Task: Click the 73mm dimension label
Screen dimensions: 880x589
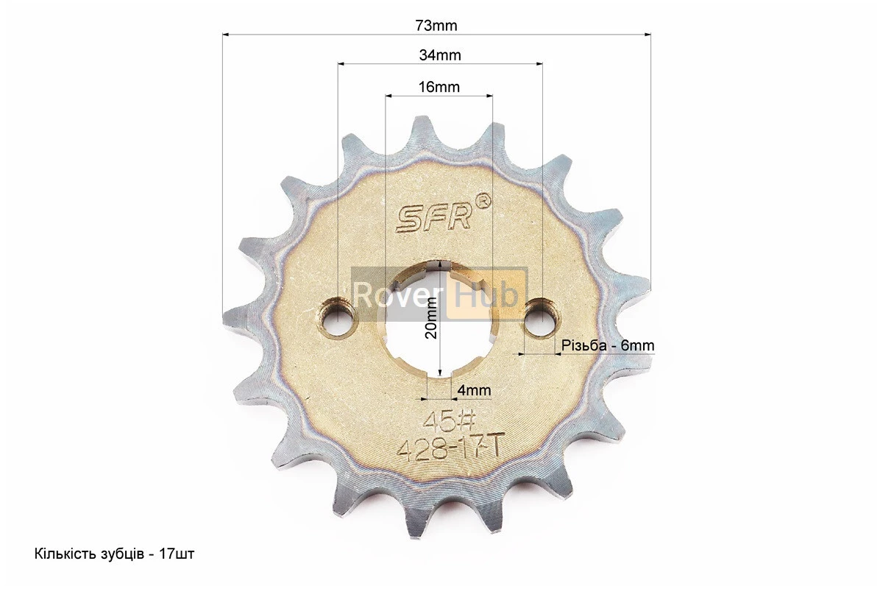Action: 436,25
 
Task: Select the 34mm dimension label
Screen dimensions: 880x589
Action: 440,55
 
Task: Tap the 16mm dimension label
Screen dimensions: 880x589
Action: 439,87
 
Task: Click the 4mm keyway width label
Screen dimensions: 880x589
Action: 475,389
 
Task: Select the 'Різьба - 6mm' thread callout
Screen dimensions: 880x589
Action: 608,345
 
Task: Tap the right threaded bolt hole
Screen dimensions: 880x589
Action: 542,317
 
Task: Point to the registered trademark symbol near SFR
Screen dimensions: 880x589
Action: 483,200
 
